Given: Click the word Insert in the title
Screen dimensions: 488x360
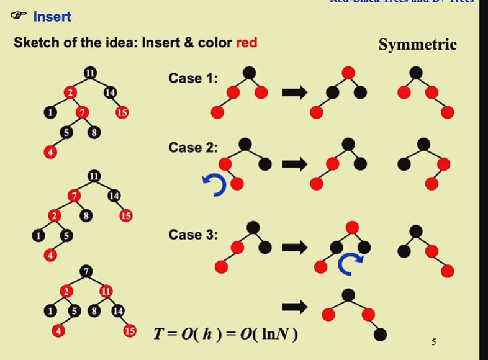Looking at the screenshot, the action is click(52, 17).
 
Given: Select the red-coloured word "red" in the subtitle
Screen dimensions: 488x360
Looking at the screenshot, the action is click(246, 43).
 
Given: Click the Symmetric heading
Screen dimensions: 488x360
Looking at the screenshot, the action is click(417, 45).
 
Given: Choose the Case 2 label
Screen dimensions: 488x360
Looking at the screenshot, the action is click(193, 148).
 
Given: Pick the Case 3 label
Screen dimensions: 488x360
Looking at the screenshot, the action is click(193, 235).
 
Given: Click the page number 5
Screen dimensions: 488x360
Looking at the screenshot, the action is click(434, 341).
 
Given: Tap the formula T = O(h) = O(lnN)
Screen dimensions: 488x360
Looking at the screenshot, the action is click(226, 334).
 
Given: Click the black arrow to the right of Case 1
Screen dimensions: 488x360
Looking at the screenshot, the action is click(295, 93).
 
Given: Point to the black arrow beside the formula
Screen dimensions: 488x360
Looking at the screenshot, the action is click(295, 307).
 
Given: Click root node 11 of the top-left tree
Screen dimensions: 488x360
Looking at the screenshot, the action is click(90, 73).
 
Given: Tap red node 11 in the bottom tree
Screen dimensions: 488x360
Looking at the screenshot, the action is click(106, 290).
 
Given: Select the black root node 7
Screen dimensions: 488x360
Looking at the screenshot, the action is click(86, 271).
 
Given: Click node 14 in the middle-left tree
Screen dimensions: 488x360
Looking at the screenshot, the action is click(114, 196).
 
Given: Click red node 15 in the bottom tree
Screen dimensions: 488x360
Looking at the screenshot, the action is click(130, 331).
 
